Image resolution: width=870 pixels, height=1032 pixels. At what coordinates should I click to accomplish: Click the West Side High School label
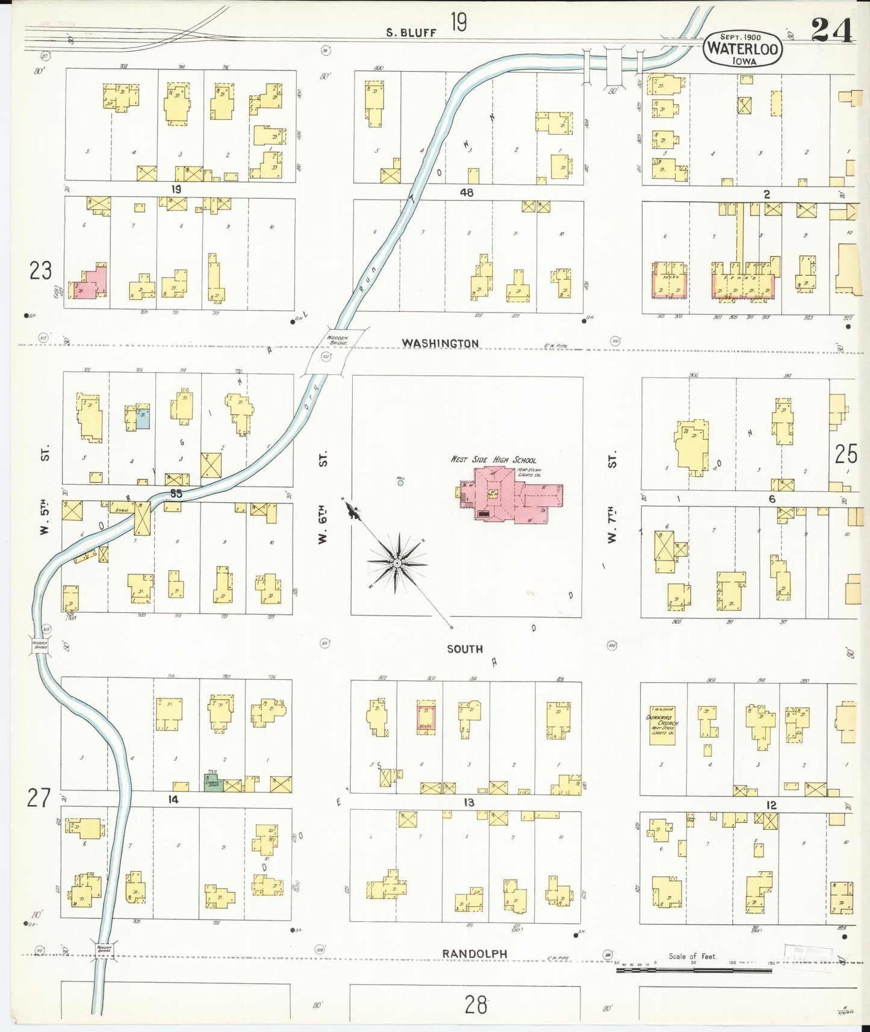pyautogui.click(x=493, y=459)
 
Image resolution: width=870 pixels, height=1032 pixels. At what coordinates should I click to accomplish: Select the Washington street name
pyautogui.click(x=440, y=343)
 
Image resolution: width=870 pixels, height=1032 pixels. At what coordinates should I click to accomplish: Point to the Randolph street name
pyautogui.click(x=474, y=954)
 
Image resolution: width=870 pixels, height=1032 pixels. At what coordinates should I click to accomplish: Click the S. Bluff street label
pyautogui.click(x=411, y=33)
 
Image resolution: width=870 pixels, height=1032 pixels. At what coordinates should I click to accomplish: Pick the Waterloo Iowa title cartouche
pyautogui.click(x=742, y=48)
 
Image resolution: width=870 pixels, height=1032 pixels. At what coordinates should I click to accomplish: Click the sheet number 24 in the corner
pyautogui.click(x=831, y=30)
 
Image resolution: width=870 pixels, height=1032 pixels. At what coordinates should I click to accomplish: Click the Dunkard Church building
pyautogui.click(x=662, y=725)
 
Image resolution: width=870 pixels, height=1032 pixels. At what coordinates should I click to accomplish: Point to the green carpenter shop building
pyautogui.click(x=213, y=784)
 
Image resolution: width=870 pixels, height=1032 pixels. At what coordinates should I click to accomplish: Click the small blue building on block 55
pyautogui.click(x=142, y=419)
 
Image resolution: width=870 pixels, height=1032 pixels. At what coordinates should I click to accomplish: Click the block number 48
pyautogui.click(x=466, y=193)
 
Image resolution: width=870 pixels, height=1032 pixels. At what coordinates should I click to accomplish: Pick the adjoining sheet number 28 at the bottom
pyautogui.click(x=476, y=1004)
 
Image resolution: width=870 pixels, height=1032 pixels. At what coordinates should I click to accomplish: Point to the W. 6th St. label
pyautogui.click(x=323, y=497)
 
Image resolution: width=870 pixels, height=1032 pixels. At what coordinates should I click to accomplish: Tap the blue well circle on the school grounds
pyautogui.click(x=400, y=483)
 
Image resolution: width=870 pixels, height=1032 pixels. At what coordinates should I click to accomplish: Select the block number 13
pyautogui.click(x=468, y=803)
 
